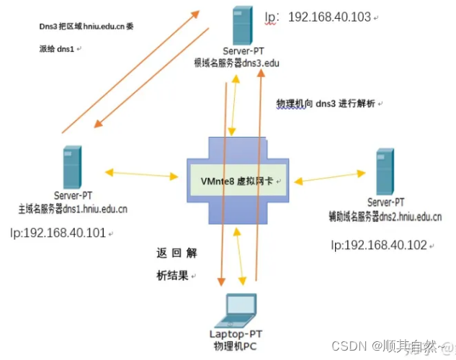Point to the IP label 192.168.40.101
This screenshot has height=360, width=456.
58,233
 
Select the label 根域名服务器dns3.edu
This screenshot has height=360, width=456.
241,63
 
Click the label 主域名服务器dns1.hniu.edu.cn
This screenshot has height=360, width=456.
73,209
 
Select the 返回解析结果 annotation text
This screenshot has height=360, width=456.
176,264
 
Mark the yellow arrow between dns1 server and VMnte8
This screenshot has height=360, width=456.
142,174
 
